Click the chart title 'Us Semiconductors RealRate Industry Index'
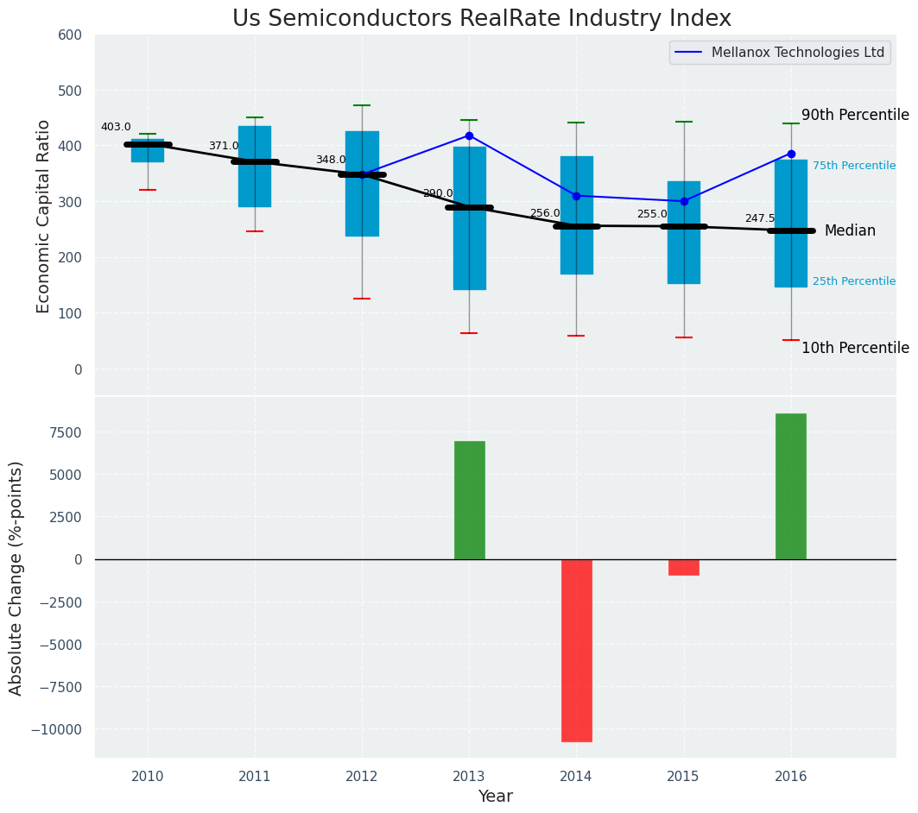pos(481,19)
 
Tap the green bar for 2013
pos(469,500)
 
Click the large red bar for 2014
pos(576,650)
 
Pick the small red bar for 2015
pos(684,567)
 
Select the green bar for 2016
pos(791,486)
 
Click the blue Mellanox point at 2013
pos(469,135)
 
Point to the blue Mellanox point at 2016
pos(791,154)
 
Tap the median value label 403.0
pos(116,127)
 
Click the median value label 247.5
pos(760,218)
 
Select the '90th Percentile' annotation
pos(855,115)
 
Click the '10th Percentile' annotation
pos(855,348)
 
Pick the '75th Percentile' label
pos(854,166)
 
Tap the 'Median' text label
pos(850,230)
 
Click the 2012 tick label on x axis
pos(362,776)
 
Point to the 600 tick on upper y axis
pos(70,35)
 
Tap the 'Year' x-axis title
pos(495,796)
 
